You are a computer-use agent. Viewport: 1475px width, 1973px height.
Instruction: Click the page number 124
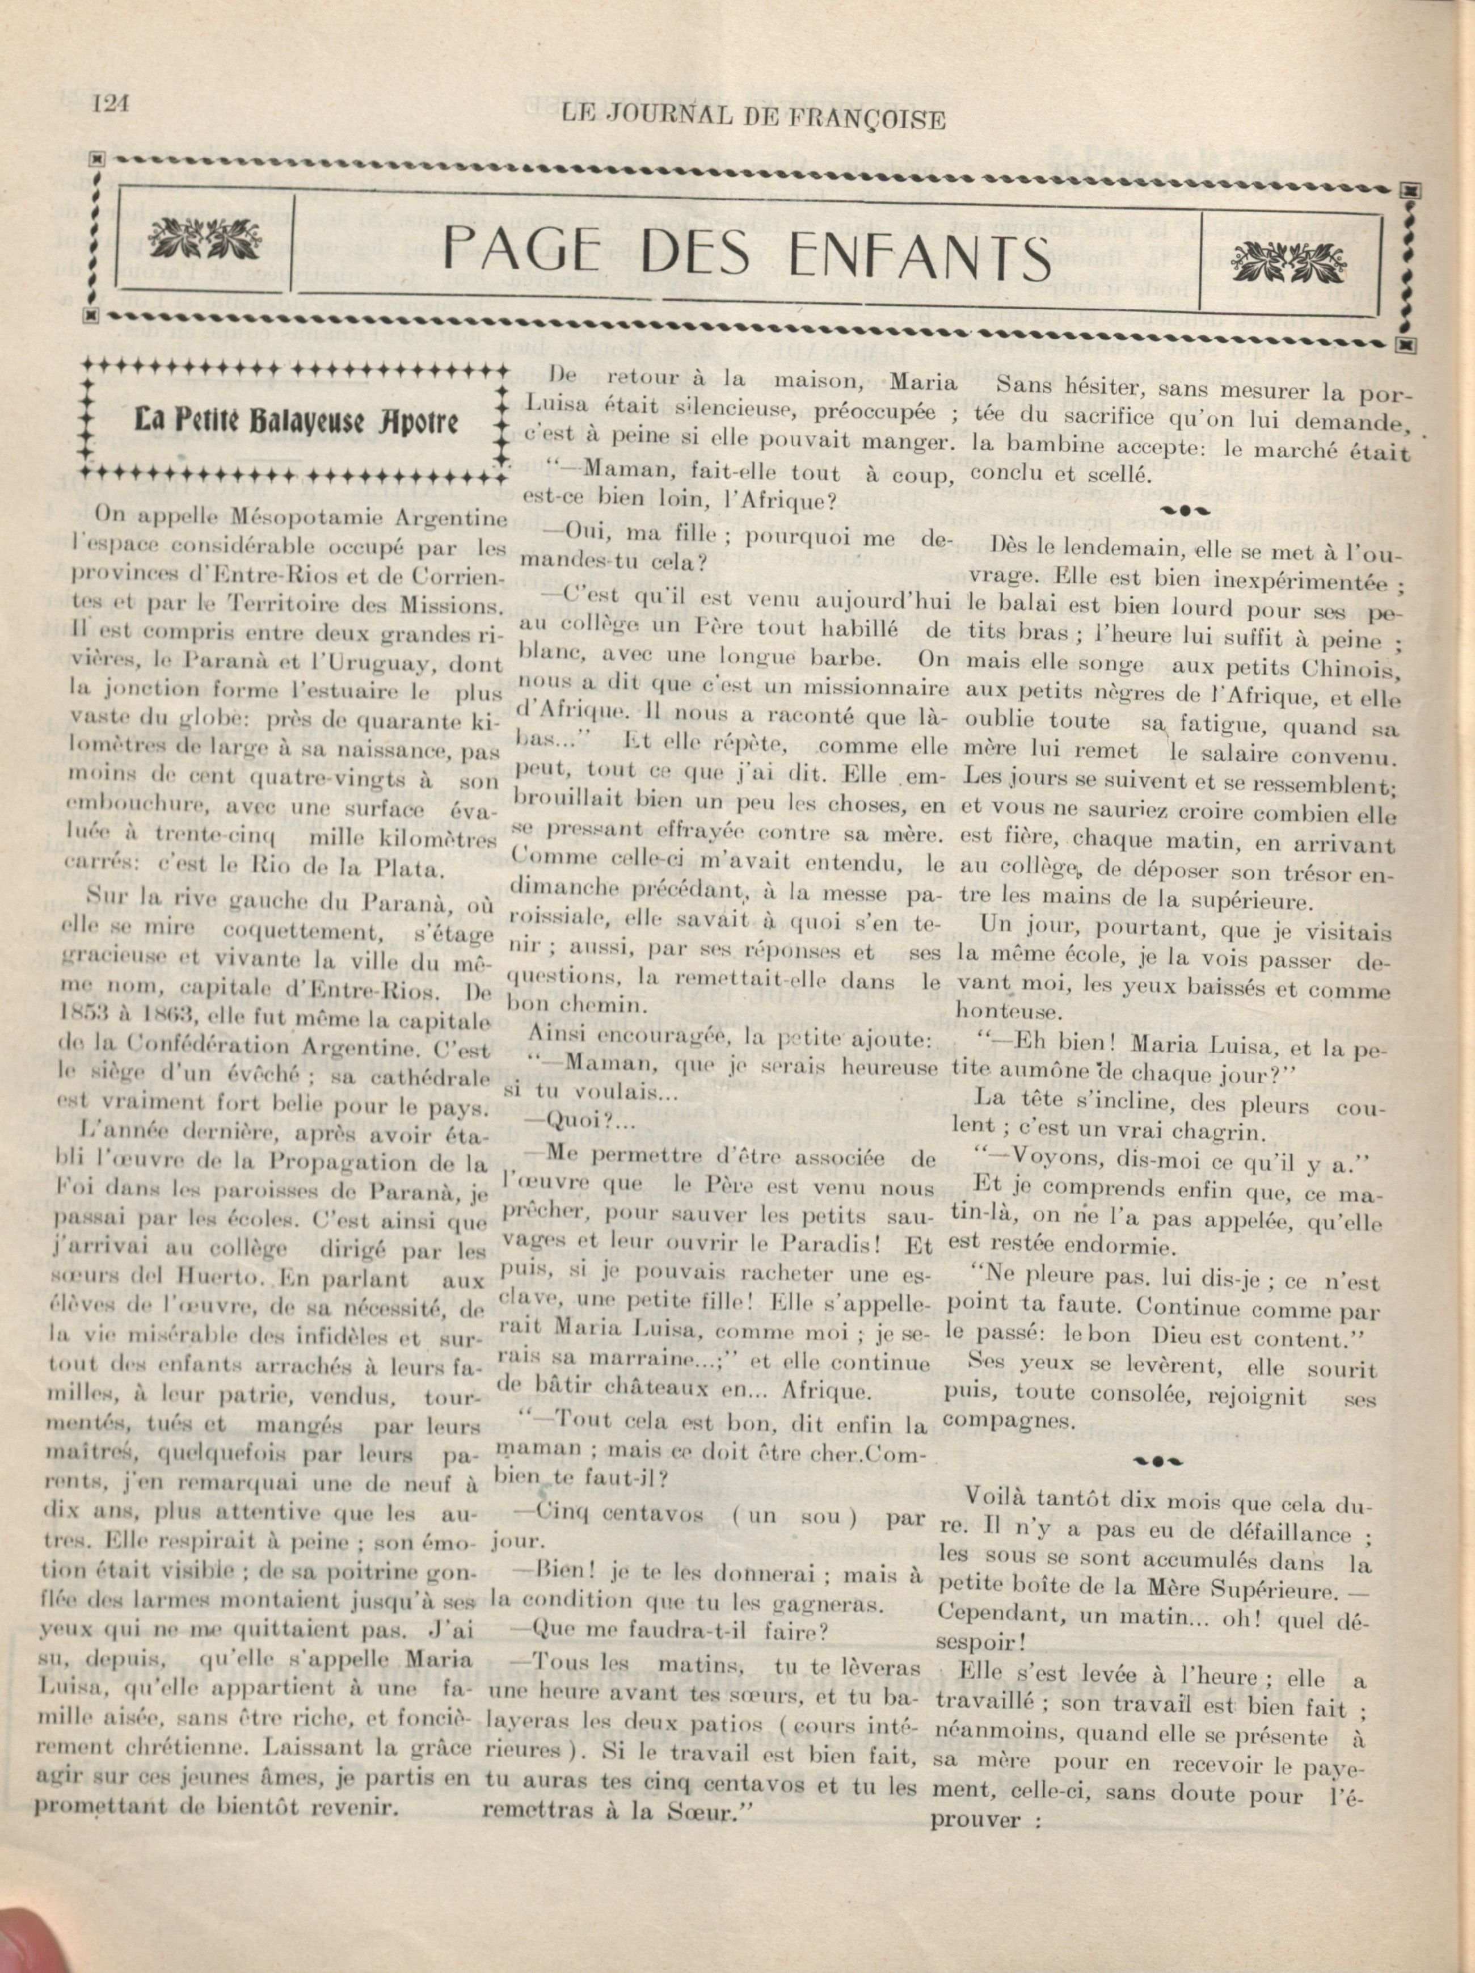pyautogui.click(x=111, y=104)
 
